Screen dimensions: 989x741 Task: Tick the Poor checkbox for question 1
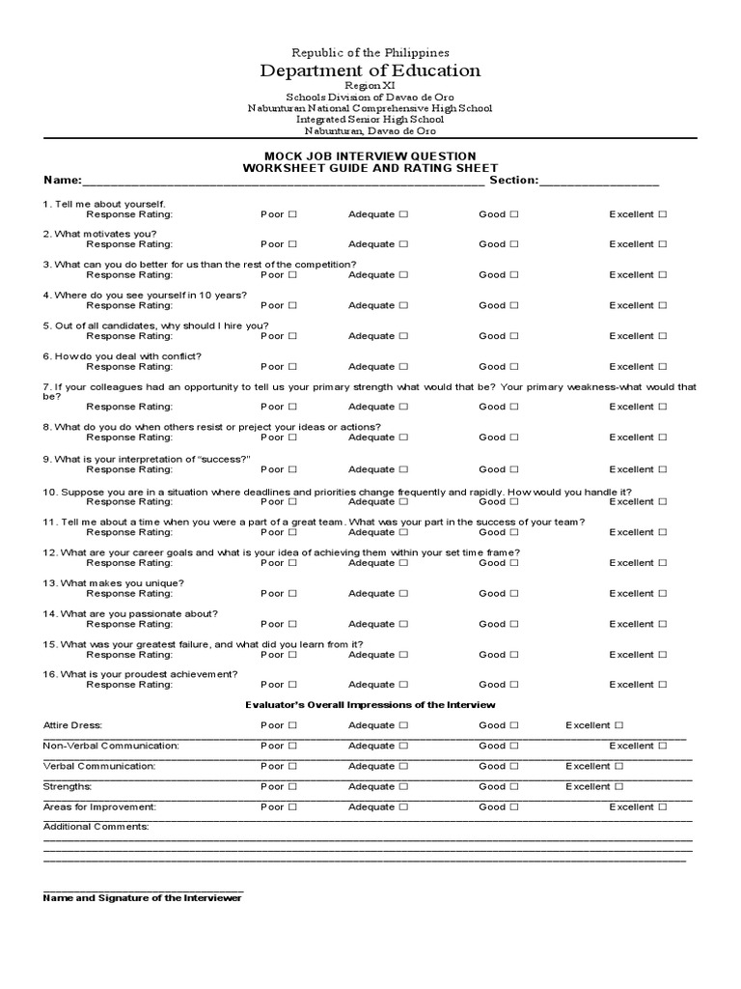click(x=292, y=214)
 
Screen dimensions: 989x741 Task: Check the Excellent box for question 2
click(x=663, y=244)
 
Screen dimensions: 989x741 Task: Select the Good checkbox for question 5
click(x=515, y=336)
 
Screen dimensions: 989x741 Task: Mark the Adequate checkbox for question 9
click(x=404, y=469)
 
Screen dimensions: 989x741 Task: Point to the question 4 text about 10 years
click(x=145, y=295)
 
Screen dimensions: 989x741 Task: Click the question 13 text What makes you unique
click(x=113, y=583)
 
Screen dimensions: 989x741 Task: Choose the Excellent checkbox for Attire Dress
click(x=618, y=725)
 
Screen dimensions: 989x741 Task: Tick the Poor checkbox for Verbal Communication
click(x=292, y=766)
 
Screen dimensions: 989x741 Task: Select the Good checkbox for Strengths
click(x=515, y=786)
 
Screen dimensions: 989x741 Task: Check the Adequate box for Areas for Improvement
click(x=404, y=806)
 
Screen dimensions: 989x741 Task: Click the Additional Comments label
click(x=96, y=827)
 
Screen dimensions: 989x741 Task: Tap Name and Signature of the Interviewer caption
click(x=143, y=898)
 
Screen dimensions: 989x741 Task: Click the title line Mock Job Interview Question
click(x=370, y=156)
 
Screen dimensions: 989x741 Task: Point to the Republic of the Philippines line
click(x=370, y=52)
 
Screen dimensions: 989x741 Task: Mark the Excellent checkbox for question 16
click(x=663, y=685)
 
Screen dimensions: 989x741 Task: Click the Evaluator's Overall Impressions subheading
click(x=370, y=705)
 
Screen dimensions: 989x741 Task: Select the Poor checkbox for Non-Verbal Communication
click(x=292, y=746)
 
